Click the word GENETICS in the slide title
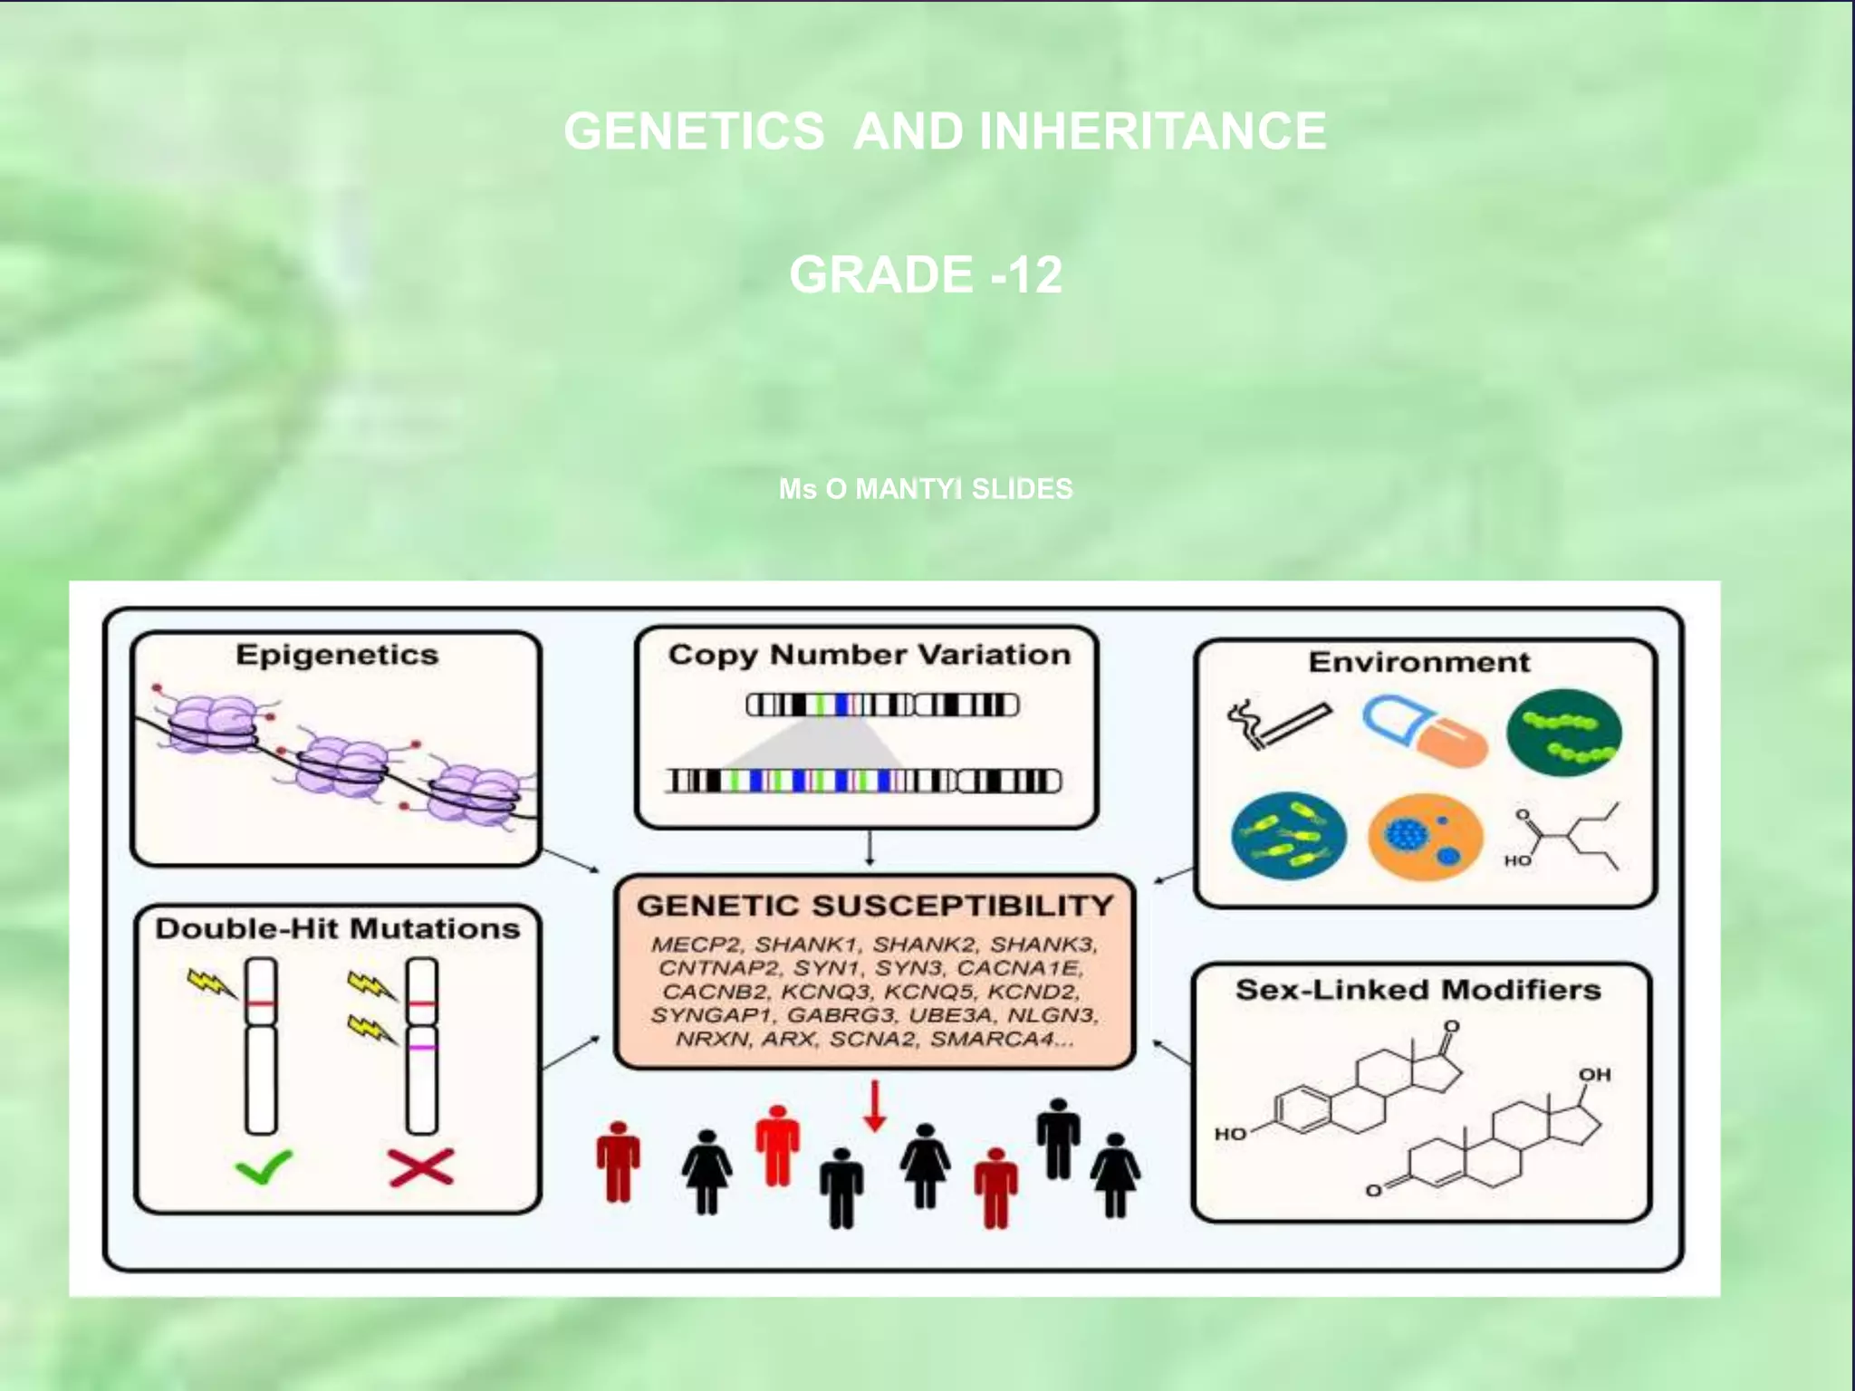694,131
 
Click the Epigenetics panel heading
337,655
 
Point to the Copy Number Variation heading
869,655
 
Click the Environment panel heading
1418,662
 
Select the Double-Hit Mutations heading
337,928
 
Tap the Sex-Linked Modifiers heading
1418,989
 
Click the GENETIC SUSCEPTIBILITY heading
874,906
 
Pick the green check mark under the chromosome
263,1166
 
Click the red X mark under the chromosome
421,1166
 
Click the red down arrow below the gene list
874,1106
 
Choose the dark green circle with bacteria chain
1563,733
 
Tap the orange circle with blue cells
1425,837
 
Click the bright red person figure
777,1145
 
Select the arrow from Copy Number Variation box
870,848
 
